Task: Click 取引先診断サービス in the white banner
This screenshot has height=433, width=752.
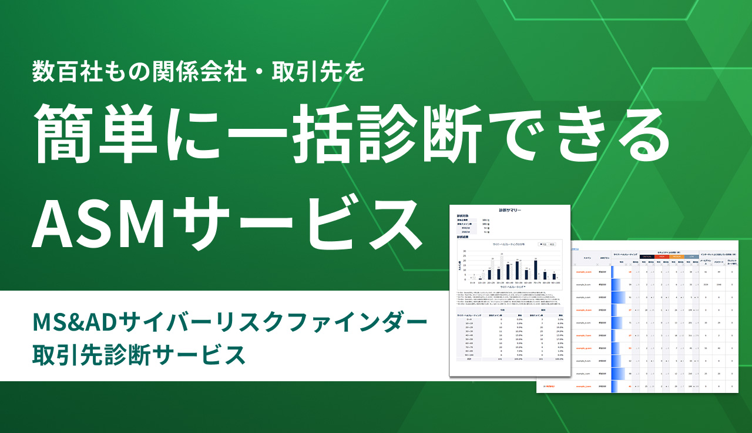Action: pyautogui.click(x=138, y=355)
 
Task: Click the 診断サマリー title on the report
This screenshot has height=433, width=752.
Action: pyautogui.click(x=510, y=209)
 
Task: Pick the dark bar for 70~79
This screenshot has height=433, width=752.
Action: pyautogui.click(x=536, y=269)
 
